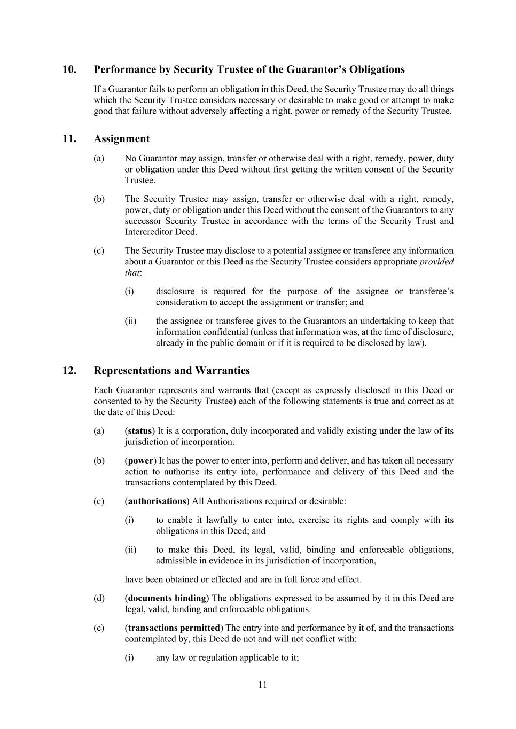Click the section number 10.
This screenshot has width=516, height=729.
pyautogui.click(x=69, y=70)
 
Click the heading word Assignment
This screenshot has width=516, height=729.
pyautogui.click(x=122, y=139)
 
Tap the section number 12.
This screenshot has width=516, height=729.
pyautogui.click(x=69, y=371)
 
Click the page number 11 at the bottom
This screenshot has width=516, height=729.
pyautogui.click(x=262, y=685)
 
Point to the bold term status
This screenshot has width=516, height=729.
pyautogui.click(x=140, y=431)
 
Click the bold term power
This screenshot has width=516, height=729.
pyautogui.click(x=140, y=461)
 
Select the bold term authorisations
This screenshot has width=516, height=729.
pyautogui.click(x=157, y=501)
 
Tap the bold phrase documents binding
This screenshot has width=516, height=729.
pyautogui.click(x=167, y=598)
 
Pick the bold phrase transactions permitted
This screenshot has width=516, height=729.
pyautogui.click(x=174, y=628)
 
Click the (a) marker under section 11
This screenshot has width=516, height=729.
pyautogui.click(x=99, y=159)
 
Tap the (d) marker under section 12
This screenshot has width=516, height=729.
pyautogui.click(x=99, y=598)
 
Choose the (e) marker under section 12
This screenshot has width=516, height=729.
pyautogui.click(x=99, y=628)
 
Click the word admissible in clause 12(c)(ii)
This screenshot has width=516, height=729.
pyautogui.click(x=176, y=561)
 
